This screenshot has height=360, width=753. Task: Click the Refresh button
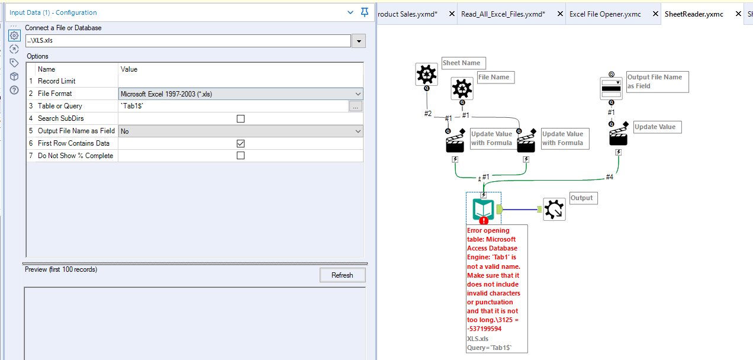click(x=342, y=275)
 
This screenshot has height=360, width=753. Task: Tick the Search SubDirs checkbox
click(x=240, y=118)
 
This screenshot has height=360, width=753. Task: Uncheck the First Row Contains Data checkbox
click(x=240, y=143)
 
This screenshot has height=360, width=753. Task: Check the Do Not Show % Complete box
click(x=240, y=156)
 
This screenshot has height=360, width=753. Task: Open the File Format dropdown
click(x=358, y=94)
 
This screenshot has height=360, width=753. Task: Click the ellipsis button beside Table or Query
click(x=355, y=106)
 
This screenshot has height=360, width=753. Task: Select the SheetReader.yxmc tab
click(x=694, y=14)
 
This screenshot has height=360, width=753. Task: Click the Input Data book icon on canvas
click(x=483, y=209)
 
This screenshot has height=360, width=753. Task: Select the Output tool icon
click(x=554, y=209)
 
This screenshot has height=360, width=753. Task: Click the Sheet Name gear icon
click(x=426, y=74)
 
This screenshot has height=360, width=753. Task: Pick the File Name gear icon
click(x=462, y=88)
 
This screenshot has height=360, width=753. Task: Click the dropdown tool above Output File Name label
click(x=611, y=88)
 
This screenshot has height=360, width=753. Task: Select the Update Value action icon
click(x=618, y=137)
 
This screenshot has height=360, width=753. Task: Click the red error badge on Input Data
click(x=484, y=221)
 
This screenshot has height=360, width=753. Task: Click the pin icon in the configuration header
click(x=365, y=12)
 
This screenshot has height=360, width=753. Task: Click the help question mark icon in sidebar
click(x=14, y=90)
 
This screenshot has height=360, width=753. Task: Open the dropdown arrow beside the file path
click(x=358, y=41)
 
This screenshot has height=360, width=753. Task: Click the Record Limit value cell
click(x=240, y=81)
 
